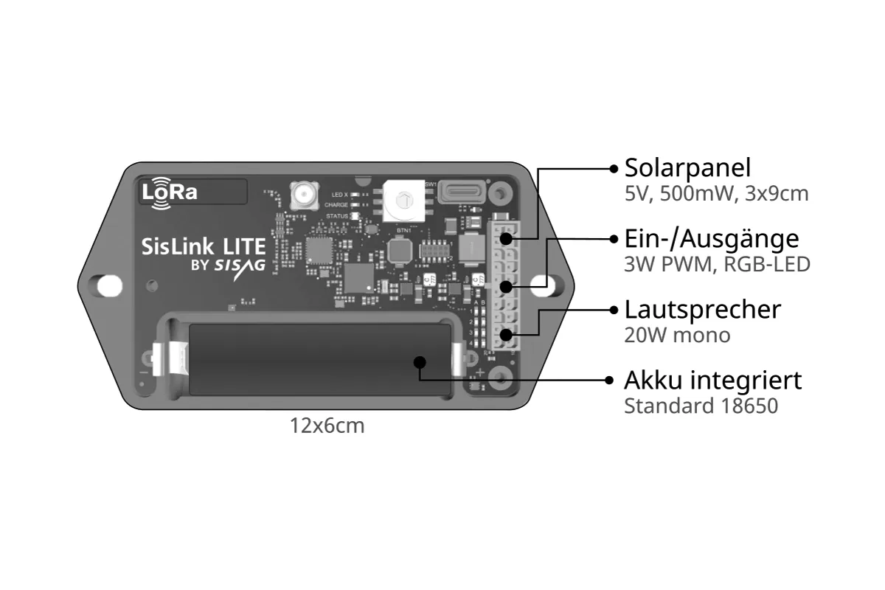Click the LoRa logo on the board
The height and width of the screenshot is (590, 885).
tap(170, 192)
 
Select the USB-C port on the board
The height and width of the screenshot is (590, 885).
tap(462, 193)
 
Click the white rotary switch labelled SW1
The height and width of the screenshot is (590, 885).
tap(403, 200)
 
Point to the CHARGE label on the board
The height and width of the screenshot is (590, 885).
tap(336, 205)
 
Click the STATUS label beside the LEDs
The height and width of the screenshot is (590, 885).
tap(337, 216)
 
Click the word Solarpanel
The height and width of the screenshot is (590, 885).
tap(687, 168)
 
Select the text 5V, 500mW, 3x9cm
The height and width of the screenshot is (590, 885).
tap(716, 194)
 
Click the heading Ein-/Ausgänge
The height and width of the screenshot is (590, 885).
tap(711, 238)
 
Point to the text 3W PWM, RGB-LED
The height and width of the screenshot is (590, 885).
tap(717, 264)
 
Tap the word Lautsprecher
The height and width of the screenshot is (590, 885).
tap(702, 309)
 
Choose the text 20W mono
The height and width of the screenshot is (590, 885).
tap(677, 335)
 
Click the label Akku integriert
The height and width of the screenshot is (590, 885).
tap(712, 381)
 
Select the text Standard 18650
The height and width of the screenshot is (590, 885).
tap(701, 406)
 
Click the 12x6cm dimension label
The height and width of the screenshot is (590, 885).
tap(327, 426)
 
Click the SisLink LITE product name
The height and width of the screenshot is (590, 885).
tap(203, 246)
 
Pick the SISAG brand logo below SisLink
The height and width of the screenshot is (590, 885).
tap(240, 266)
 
